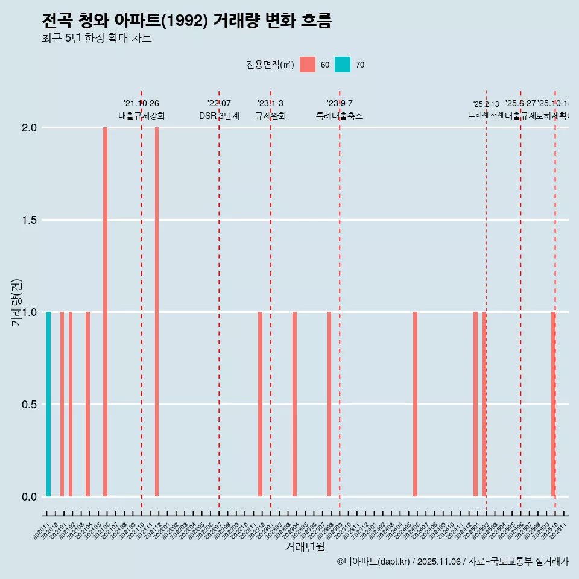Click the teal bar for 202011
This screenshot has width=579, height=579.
tap(48, 404)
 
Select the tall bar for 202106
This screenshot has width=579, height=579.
tap(105, 312)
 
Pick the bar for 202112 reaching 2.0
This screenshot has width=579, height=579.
tap(157, 312)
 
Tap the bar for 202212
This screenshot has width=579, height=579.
tap(260, 404)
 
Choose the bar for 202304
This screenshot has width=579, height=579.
tap(294, 404)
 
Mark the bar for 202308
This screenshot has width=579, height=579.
tap(329, 404)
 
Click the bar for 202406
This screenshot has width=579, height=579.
tap(415, 404)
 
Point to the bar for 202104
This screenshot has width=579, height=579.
tap(87, 404)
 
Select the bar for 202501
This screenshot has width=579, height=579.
tap(475, 404)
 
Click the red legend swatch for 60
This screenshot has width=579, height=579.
tap(308, 65)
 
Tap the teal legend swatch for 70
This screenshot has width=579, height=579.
tap(343, 65)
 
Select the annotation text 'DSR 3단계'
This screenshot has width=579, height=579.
tap(219, 116)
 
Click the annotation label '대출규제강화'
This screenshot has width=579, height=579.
tap(141, 116)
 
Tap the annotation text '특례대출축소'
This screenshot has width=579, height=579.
tap(340, 116)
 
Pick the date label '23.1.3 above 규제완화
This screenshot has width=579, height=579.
tap(270, 104)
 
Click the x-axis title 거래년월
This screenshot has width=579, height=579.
tap(305, 547)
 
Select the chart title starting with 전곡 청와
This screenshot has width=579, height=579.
tap(187, 21)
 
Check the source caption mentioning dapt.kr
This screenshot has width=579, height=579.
tap(452, 562)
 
